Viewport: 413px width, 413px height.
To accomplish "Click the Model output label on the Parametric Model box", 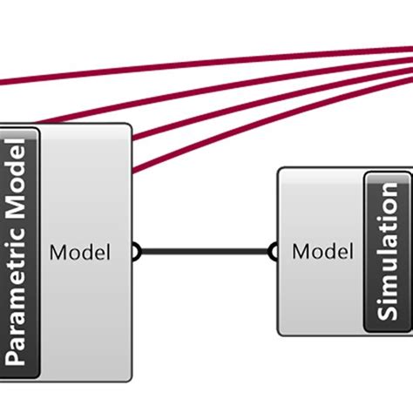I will point(80,253).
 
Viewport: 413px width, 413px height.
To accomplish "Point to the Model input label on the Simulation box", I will point(322,253).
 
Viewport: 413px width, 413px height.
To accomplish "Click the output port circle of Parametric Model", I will point(134,253).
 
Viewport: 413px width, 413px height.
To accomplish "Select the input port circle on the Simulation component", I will point(274,253).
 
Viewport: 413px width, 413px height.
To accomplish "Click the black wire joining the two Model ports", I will point(205,253).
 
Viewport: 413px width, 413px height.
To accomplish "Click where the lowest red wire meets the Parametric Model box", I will point(133,172).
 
